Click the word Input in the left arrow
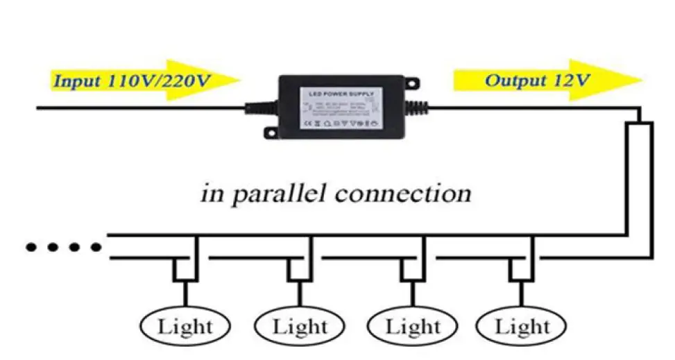78,80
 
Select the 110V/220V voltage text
159,80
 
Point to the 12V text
572,80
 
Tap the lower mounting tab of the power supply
271,131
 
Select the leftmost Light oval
185,325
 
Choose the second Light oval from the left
299,325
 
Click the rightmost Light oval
522,325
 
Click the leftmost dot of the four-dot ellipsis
31,247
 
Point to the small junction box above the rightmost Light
522,270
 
